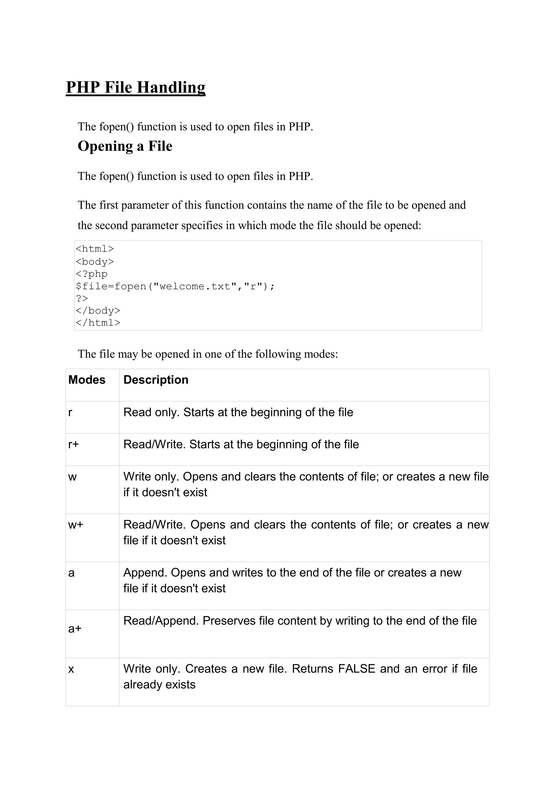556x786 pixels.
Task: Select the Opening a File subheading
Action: pyautogui.click(x=125, y=146)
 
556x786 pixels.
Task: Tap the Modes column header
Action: pyautogui.click(x=87, y=380)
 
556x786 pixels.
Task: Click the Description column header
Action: pyautogui.click(x=156, y=380)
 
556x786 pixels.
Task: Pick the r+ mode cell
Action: pyautogui.click(x=74, y=445)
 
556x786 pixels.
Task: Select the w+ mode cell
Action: pyautogui.click(x=76, y=525)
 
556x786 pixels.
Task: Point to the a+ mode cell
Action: pyautogui.click(x=75, y=628)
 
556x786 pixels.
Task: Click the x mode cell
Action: pyautogui.click(x=71, y=669)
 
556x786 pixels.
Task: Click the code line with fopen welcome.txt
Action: pyautogui.click(x=175, y=286)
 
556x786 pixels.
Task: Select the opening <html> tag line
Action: pyautogui.click(x=94, y=249)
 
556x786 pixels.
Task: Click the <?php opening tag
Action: pyautogui.click(x=91, y=274)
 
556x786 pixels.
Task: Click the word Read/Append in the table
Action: pyautogui.click(x=161, y=621)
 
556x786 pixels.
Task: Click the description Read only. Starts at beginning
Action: pyautogui.click(x=238, y=412)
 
